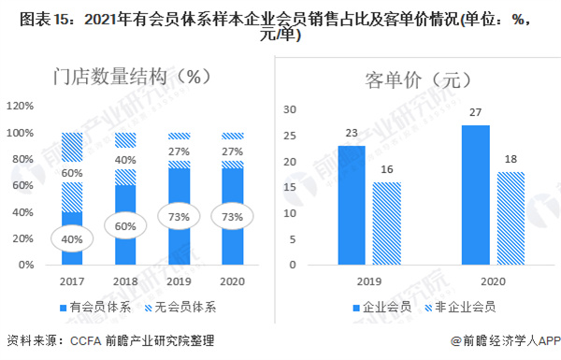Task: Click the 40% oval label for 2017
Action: [72, 238]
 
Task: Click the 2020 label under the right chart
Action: [492, 280]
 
